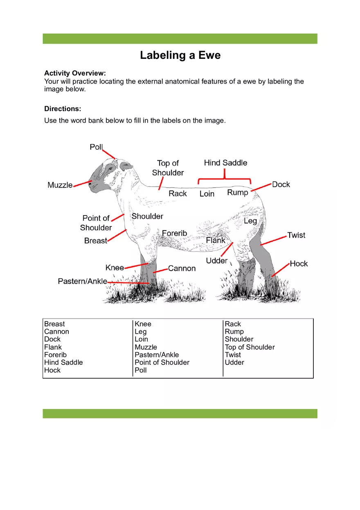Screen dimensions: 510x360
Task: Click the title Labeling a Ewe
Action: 180,55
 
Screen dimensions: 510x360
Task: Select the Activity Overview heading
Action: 75,73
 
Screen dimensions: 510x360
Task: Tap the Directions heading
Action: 63,109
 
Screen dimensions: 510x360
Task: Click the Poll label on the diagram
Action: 96,147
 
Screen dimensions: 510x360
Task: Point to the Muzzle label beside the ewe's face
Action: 60,185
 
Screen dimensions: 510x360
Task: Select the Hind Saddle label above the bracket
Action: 225,163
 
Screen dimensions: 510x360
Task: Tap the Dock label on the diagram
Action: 281,184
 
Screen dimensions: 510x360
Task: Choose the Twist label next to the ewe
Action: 296,235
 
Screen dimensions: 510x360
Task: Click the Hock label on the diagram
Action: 299,264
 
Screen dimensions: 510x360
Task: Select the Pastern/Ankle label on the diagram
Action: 82,281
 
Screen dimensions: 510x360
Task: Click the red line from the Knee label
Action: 136,265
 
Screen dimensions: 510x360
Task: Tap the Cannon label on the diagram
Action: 182,269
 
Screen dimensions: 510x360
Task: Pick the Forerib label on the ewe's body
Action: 174,233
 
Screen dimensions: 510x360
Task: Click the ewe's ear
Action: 126,166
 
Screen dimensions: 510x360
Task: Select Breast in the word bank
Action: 54,324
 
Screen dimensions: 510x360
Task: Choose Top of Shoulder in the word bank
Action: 250,347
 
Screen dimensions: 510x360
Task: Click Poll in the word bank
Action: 140,370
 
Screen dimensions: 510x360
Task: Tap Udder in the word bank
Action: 234,362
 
